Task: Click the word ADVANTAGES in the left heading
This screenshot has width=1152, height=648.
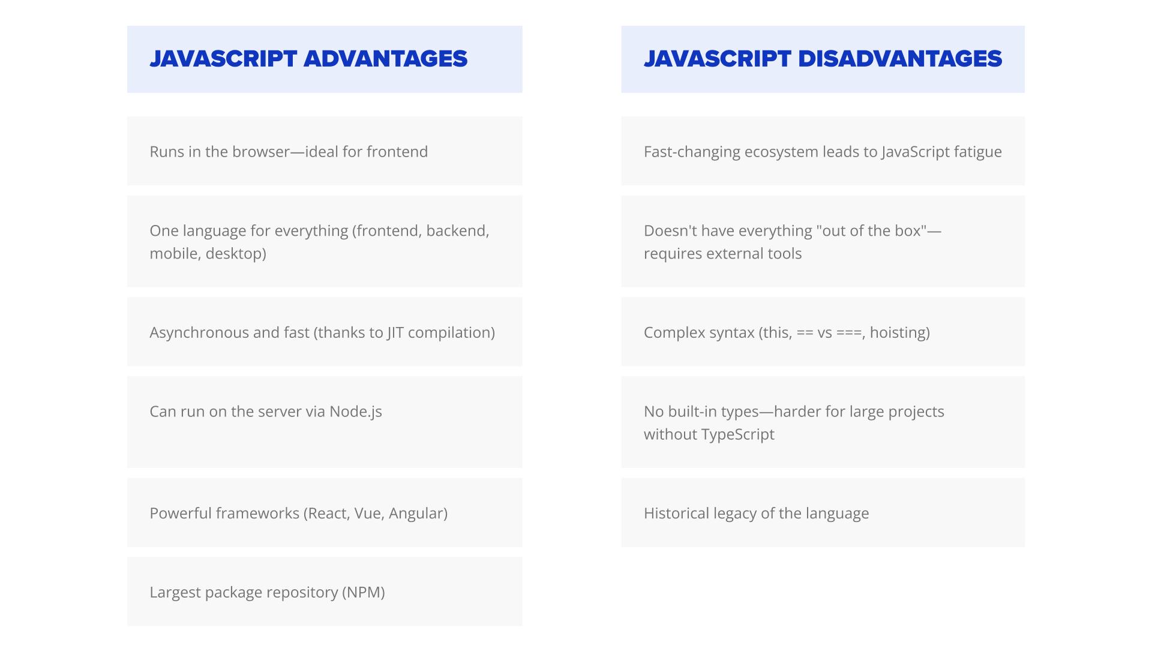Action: click(385, 59)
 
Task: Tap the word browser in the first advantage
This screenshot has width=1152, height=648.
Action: click(261, 152)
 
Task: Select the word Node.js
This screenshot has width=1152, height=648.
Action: click(356, 412)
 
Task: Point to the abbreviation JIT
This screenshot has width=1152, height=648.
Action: click(395, 332)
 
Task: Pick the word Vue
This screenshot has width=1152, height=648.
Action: click(368, 514)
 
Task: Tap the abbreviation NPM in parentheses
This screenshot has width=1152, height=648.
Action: click(364, 592)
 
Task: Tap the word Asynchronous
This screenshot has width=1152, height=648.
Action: click(199, 333)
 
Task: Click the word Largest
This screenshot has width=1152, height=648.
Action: click(175, 593)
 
